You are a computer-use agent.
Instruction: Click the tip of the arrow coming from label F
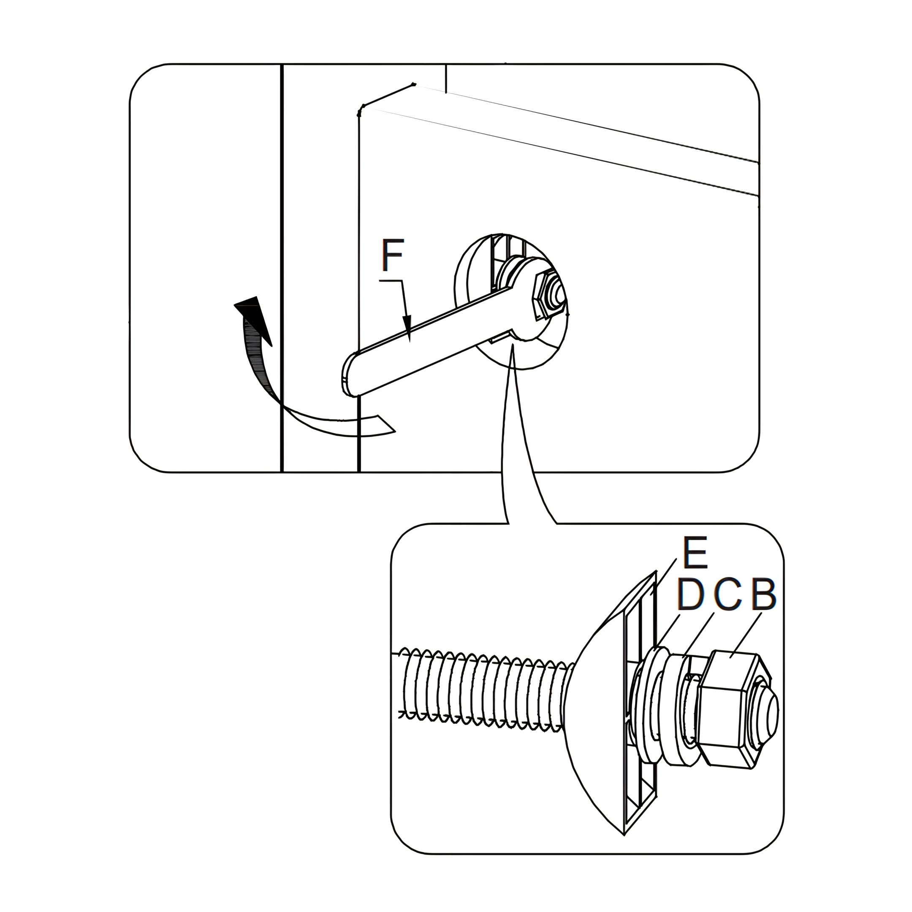[x=409, y=341]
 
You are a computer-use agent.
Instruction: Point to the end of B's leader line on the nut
[x=731, y=657]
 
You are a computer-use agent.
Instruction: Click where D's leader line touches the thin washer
[x=657, y=648]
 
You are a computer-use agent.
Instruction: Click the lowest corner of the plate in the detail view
[x=624, y=835]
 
